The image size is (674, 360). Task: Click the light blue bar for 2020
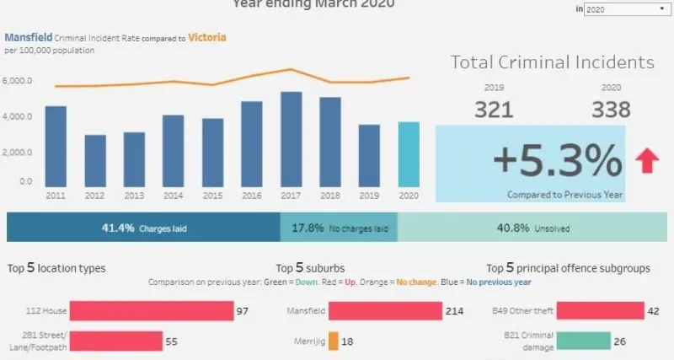pos(408,154)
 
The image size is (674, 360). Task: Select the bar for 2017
pos(291,139)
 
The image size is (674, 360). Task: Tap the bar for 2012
pos(95,160)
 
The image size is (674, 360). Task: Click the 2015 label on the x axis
pos(212,195)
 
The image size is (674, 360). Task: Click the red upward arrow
pos(647,159)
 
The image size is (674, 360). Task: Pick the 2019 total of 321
pos(495,110)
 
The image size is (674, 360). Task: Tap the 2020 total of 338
pos(612,110)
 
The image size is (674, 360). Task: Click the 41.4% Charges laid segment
pos(143,228)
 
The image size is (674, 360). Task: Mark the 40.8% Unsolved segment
pos(535,228)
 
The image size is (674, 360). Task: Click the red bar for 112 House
pos(151,311)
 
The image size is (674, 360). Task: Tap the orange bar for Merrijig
pos(334,341)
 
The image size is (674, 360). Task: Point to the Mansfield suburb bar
pos(385,311)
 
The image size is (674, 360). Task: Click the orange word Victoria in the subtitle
pos(207,38)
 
